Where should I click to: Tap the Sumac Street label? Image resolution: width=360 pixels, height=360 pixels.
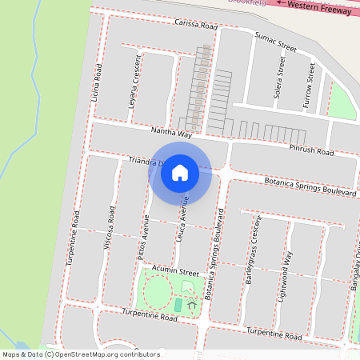click(x=270, y=42)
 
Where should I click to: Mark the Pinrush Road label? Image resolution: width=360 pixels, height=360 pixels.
click(x=312, y=150)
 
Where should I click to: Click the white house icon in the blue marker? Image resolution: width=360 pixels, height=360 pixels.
click(x=180, y=172)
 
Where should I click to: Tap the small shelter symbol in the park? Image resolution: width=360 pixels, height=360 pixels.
click(x=191, y=303)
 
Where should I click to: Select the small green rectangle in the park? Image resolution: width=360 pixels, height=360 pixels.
click(x=178, y=306)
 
